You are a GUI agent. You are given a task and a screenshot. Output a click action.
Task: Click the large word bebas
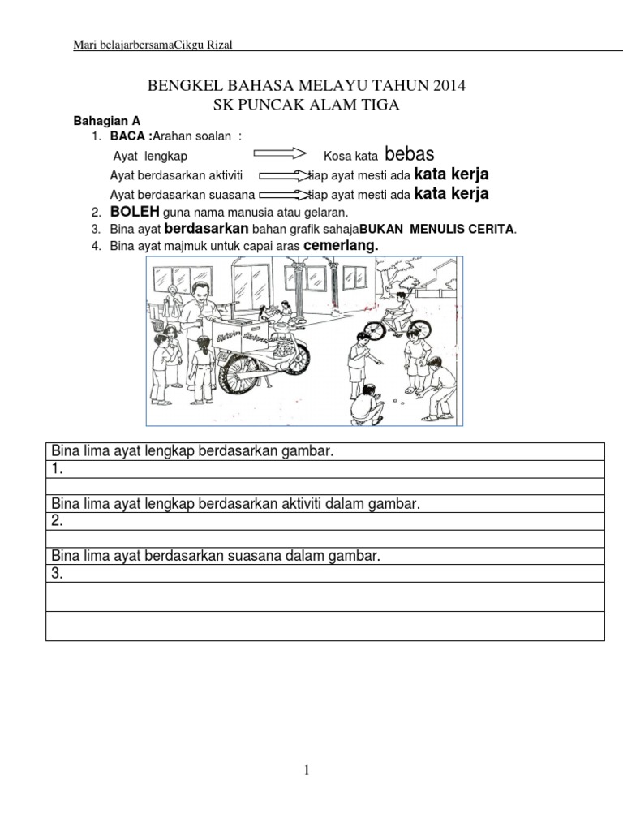click(x=410, y=154)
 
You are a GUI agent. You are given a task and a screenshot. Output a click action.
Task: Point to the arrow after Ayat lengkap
click(x=280, y=153)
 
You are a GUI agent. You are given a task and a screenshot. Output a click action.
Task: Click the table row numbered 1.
click(x=324, y=469)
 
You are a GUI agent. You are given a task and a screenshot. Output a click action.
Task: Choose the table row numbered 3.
click(x=324, y=574)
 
